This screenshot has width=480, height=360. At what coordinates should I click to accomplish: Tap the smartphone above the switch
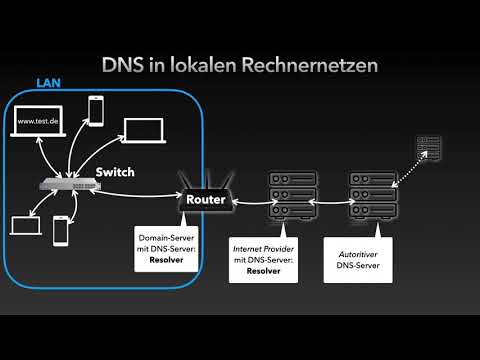[97, 110]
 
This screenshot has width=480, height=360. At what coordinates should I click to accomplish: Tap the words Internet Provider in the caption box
[263, 247]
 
